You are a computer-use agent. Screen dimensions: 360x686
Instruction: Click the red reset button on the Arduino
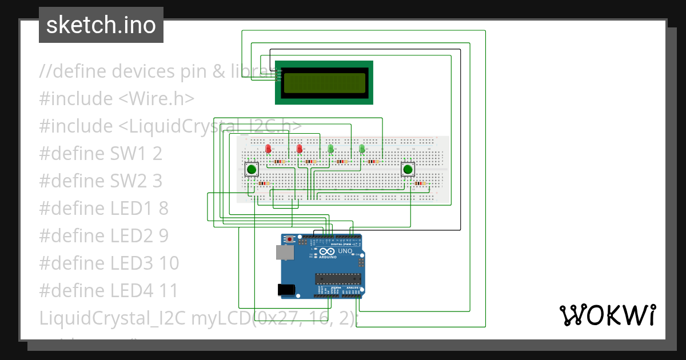click(x=290, y=238)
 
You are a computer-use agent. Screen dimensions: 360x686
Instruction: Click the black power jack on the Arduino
click(x=287, y=290)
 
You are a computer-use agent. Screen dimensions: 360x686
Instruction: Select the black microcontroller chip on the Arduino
click(x=338, y=278)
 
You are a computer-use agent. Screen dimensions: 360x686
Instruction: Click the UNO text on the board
click(x=345, y=251)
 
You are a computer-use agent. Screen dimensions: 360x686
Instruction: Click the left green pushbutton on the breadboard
click(x=251, y=169)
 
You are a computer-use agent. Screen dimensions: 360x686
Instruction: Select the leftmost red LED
click(x=268, y=149)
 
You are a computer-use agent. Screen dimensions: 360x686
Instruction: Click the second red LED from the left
click(x=300, y=149)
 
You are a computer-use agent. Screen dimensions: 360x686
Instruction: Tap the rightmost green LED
click(x=362, y=149)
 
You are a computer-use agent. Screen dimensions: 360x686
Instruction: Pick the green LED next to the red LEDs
click(x=331, y=149)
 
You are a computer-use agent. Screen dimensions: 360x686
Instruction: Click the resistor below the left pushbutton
click(x=264, y=183)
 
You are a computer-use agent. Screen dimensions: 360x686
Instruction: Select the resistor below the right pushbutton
click(x=421, y=183)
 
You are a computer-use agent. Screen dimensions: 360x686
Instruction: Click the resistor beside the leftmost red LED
click(x=280, y=162)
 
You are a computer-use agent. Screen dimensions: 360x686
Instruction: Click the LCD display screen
click(x=324, y=83)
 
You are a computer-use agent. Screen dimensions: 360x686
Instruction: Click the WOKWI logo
click(x=607, y=315)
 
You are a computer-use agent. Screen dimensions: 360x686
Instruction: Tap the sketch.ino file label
click(x=101, y=25)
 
